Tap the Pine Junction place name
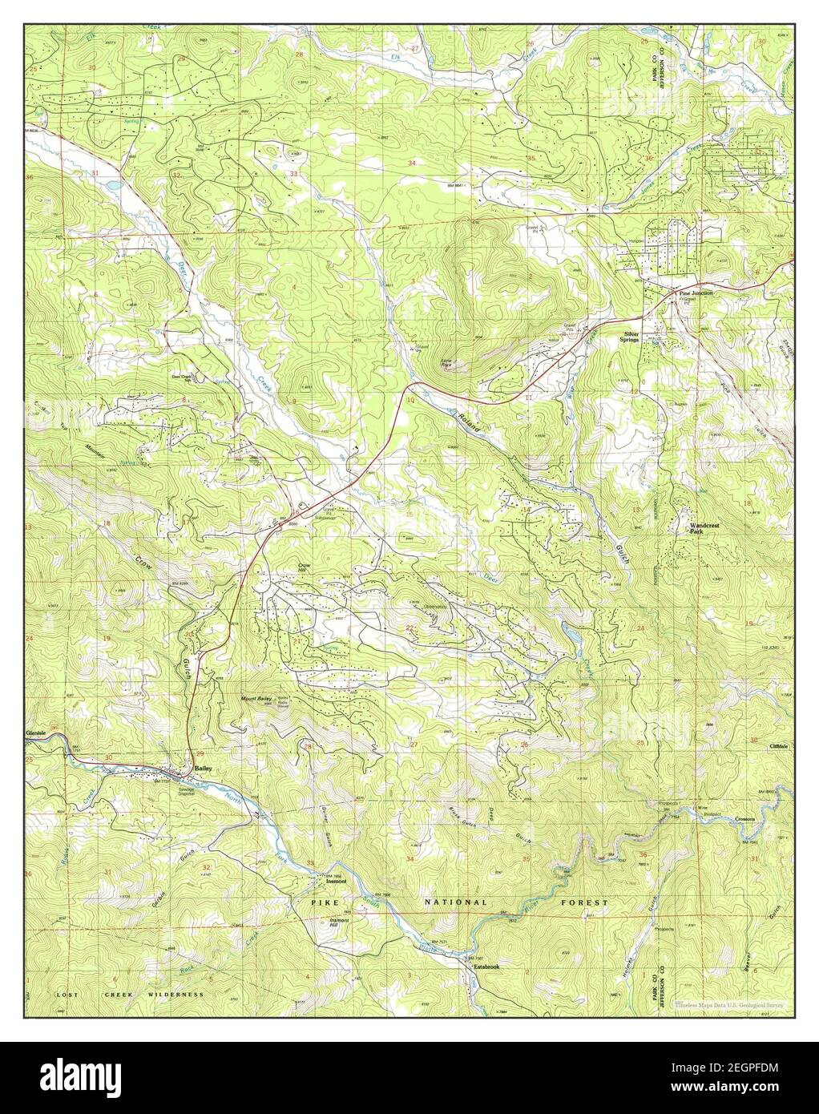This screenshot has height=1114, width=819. point(695,293)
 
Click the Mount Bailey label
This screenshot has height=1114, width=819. point(258,700)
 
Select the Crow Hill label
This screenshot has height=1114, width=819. point(304,568)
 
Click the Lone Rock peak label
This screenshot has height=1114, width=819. point(446,363)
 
